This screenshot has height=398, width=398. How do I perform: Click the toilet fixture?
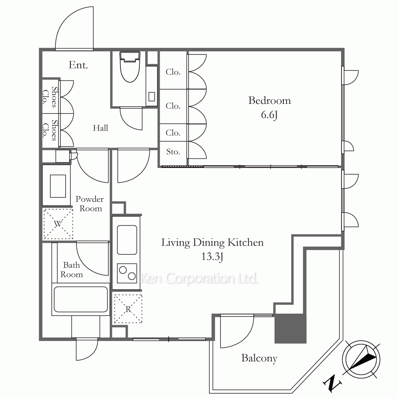[x=130, y=67]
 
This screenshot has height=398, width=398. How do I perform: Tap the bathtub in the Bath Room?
[x=81, y=299]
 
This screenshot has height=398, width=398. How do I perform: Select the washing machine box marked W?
[x=58, y=224]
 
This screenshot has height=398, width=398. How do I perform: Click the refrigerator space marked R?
[x=128, y=309]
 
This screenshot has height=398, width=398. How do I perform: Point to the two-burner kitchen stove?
[x=127, y=273]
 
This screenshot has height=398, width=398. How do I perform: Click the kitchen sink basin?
[x=127, y=240]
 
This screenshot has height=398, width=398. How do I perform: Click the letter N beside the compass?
[x=332, y=382]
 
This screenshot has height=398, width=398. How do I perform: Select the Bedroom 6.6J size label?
[x=269, y=115]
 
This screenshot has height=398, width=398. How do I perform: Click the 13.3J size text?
[x=212, y=257]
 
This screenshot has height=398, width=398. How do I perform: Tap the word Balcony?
[x=259, y=359]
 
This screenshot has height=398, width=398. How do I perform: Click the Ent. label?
[x=78, y=65]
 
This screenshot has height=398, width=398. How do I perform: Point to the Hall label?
[x=100, y=128]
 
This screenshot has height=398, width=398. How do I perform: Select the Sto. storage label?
[x=173, y=152]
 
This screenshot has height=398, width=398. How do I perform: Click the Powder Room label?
[x=90, y=203]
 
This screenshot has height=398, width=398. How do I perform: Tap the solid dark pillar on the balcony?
[x=291, y=329]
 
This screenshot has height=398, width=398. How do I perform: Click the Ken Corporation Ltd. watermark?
[x=199, y=278]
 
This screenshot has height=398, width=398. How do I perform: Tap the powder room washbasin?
[x=58, y=186]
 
